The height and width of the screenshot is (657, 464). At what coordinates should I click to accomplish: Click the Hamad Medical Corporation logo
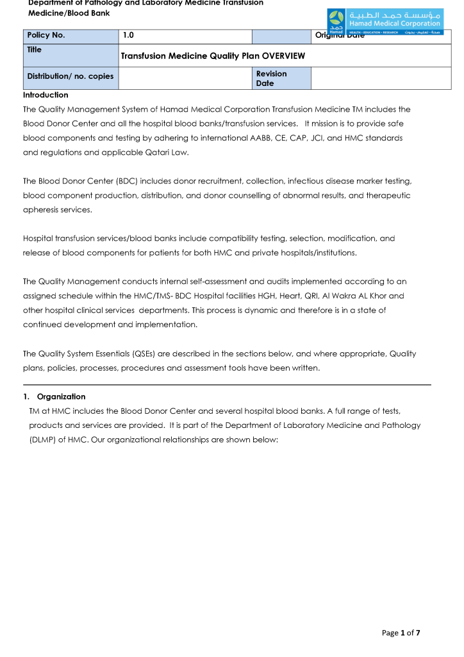coord(384,22)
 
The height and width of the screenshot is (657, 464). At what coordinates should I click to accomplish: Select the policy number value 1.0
coord(128,36)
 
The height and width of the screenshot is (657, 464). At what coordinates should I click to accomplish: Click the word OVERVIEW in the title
coord(283,56)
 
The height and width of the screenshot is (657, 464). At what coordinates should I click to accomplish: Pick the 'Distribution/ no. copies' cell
coord(70,77)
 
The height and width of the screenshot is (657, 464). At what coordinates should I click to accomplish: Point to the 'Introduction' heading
coord(46,95)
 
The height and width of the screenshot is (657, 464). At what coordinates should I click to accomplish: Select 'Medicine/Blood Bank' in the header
coord(69,13)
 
